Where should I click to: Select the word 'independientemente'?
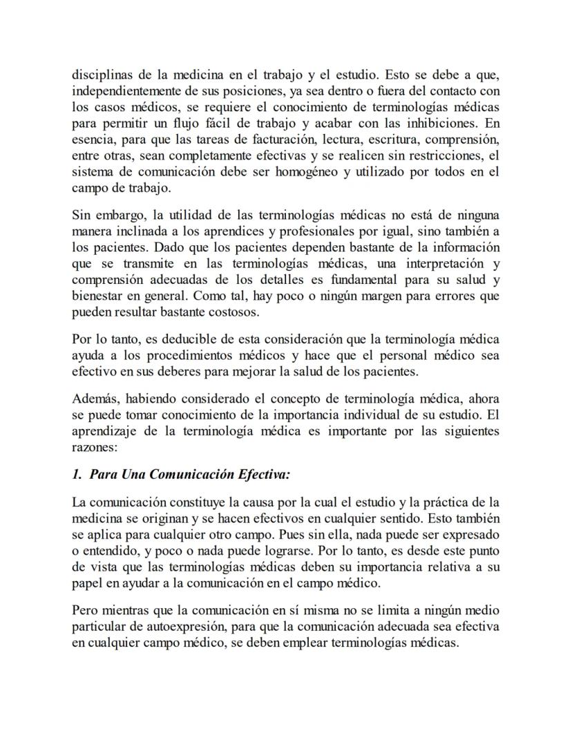coord(122,91)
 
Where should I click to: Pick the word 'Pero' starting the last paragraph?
coord(84,611)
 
